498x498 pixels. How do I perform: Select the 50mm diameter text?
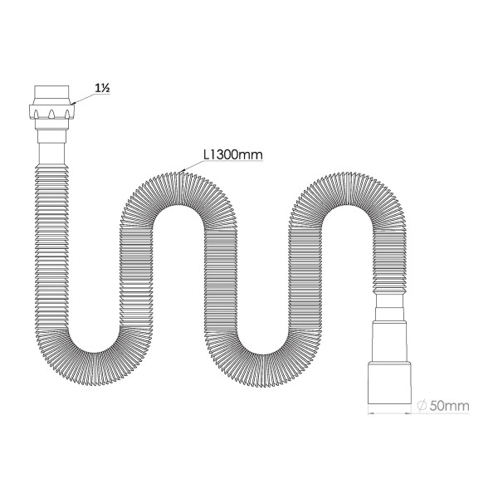(x=452, y=405)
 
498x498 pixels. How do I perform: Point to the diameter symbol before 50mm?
(x=422, y=405)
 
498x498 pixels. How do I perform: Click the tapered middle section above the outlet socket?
(x=390, y=336)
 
